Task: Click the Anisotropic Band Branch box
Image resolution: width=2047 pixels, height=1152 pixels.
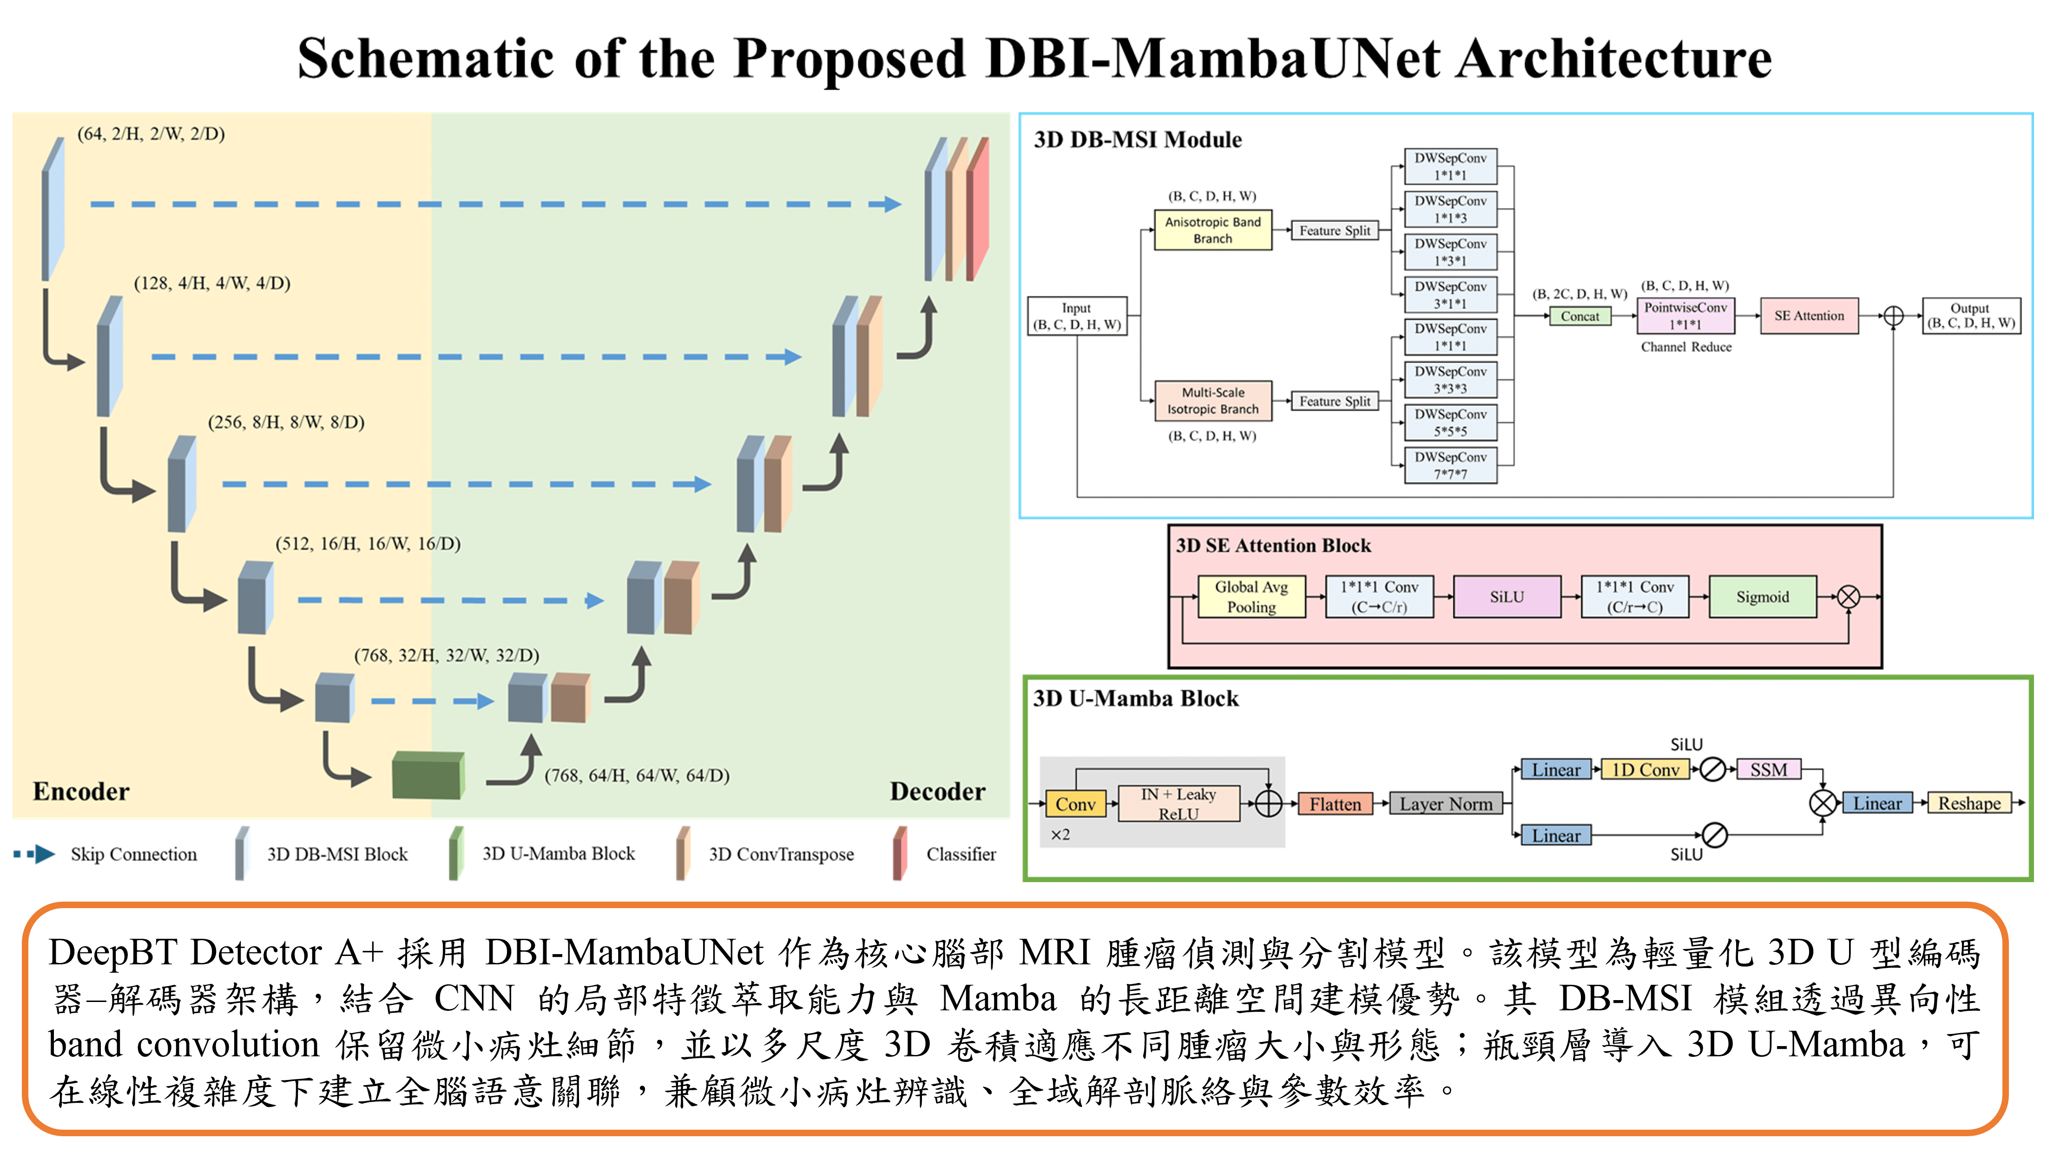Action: (1212, 230)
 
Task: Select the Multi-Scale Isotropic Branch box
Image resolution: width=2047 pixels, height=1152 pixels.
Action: (1212, 400)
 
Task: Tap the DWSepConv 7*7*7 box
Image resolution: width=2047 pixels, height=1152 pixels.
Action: (1450, 465)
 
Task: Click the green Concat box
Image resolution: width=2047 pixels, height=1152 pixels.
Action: (1580, 316)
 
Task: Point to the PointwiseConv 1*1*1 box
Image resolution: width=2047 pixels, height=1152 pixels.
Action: (1685, 315)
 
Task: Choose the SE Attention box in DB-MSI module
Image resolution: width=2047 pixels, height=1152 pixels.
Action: (1810, 315)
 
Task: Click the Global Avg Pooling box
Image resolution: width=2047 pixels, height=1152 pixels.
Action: (1251, 596)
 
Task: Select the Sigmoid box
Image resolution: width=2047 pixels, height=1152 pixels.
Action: (1763, 596)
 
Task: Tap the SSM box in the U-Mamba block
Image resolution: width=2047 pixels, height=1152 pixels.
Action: (1769, 769)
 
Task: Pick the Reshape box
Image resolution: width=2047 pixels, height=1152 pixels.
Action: (1969, 803)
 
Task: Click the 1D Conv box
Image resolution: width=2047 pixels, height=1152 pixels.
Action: (1645, 769)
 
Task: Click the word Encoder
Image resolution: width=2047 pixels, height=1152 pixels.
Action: (81, 792)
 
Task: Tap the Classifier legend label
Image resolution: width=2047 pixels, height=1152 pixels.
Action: (961, 854)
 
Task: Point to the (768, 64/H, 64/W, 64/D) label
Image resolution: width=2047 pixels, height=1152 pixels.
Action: (637, 775)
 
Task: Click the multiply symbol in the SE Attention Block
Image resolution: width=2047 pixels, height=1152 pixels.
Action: (1848, 596)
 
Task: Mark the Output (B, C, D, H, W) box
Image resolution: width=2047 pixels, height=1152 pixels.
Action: (1970, 315)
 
